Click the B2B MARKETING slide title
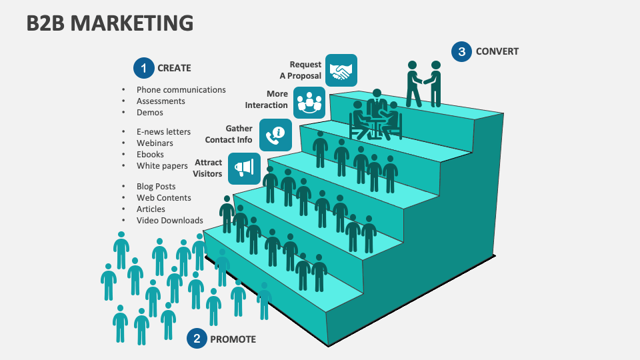point(110,23)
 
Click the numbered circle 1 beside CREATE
point(143,68)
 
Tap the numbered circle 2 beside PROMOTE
point(197,339)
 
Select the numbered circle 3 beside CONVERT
point(461,51)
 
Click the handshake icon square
point(341,71)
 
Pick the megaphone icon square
point(245,168)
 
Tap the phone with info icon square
point(275,134)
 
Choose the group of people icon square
point(309,103)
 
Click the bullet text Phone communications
point(181,90)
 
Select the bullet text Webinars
point(155,143)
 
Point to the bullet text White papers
point(162,166)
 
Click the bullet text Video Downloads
point(169,221)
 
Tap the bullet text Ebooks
point(150,155)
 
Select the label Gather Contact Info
point(229,134)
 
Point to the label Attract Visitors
point(207,168)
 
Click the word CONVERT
point(497,51)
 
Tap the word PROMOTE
point(233,339)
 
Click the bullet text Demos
point(149,113)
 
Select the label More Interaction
point(266,99)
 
